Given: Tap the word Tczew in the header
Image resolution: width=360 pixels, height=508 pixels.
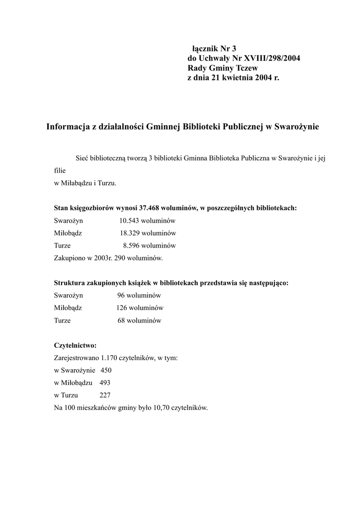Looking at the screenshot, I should pyautogui.click(x=247, y=68).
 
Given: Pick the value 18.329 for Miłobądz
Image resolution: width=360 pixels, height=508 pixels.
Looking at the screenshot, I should pyautogui.click(x=129, y=233).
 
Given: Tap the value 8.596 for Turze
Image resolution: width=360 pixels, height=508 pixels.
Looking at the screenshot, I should pyautogui.click(x=133, y=246).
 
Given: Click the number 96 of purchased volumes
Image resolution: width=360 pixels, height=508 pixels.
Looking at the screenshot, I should pyautogui.click(x=121, y=296).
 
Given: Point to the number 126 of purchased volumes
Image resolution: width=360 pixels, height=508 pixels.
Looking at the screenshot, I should pyautogui.click(x=121, y=308).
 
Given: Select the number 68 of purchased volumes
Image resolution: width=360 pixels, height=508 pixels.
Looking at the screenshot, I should pyautogui.click(x=122, y=320).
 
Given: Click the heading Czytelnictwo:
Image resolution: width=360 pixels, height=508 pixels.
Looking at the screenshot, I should pyautogui.click(x=75, y=345).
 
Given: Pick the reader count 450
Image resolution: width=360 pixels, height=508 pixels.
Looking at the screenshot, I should pyautogui.click(x=106, y=371).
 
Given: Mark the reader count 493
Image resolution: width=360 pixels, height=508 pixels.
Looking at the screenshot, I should pyautogui.click(x=105, y=383).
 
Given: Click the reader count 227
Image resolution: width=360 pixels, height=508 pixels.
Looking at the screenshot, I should pyautogui.click(x=105, y=395).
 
